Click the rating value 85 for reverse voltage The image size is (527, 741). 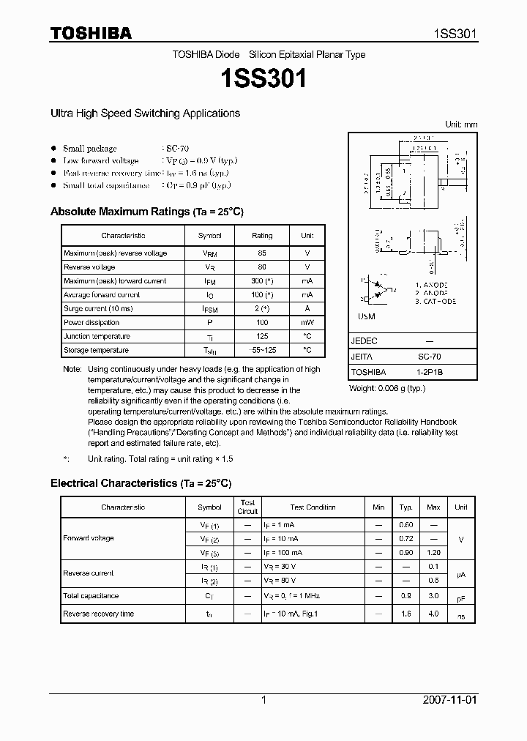pos(262,253)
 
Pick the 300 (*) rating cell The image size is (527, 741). pos(262,281)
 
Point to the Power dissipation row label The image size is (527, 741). pos(91,323)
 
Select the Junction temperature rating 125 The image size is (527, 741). pos(262,337)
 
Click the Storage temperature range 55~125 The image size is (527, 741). pos(262,351)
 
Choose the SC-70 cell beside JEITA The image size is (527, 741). pos(430,357)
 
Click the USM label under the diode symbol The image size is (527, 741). pos(367,316)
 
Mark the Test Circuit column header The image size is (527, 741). pos(248,507)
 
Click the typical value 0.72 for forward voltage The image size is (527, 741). pos(405,539)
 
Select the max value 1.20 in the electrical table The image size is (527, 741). pos(433,553)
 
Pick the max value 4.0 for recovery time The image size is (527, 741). pos(433,614)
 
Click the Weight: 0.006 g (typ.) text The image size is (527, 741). pos(387,388)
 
